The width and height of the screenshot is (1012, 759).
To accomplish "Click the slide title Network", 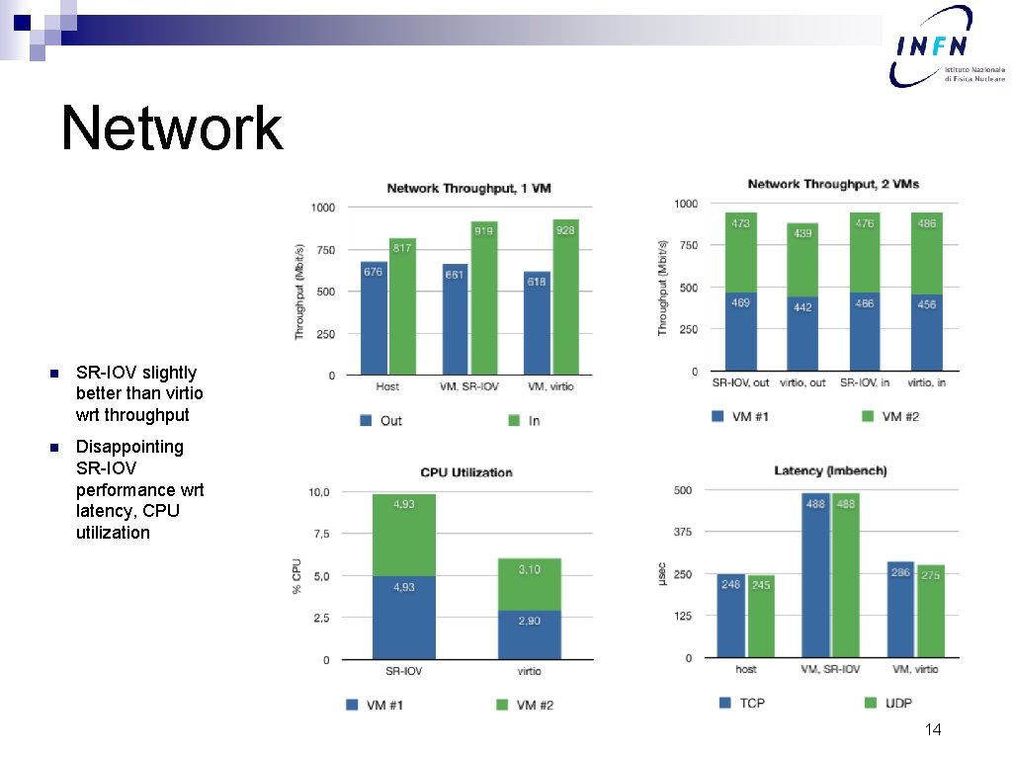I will point(171,128).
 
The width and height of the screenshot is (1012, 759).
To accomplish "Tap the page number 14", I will point(932,729).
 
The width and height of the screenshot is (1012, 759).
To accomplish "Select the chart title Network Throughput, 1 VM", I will point(468,188).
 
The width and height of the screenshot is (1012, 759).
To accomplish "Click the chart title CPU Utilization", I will point(466,472).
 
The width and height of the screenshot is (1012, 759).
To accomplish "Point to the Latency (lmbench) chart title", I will point(830,470).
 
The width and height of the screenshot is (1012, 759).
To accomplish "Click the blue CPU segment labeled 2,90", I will point(529,634).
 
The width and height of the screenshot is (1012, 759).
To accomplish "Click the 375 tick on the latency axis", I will point(682,532).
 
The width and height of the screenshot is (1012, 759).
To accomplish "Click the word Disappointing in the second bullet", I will point(129,447).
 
